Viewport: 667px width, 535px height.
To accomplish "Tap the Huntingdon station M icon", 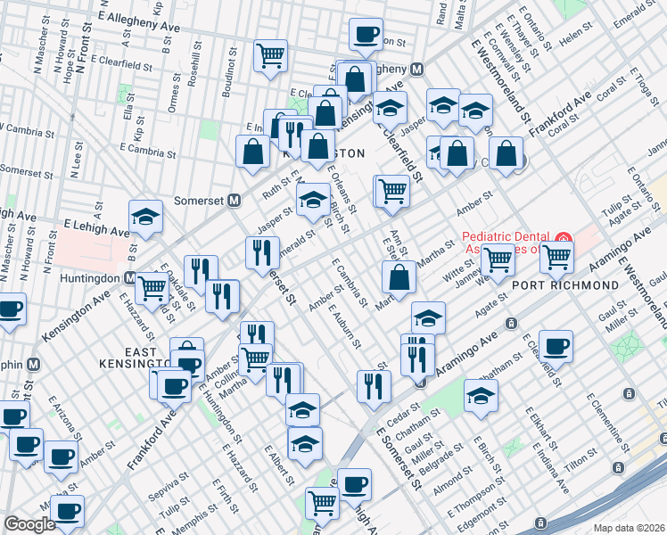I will click(130, 277).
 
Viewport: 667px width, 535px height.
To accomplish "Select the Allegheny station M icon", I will click(416, 70).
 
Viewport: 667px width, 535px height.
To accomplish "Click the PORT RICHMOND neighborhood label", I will click(565, 284).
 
